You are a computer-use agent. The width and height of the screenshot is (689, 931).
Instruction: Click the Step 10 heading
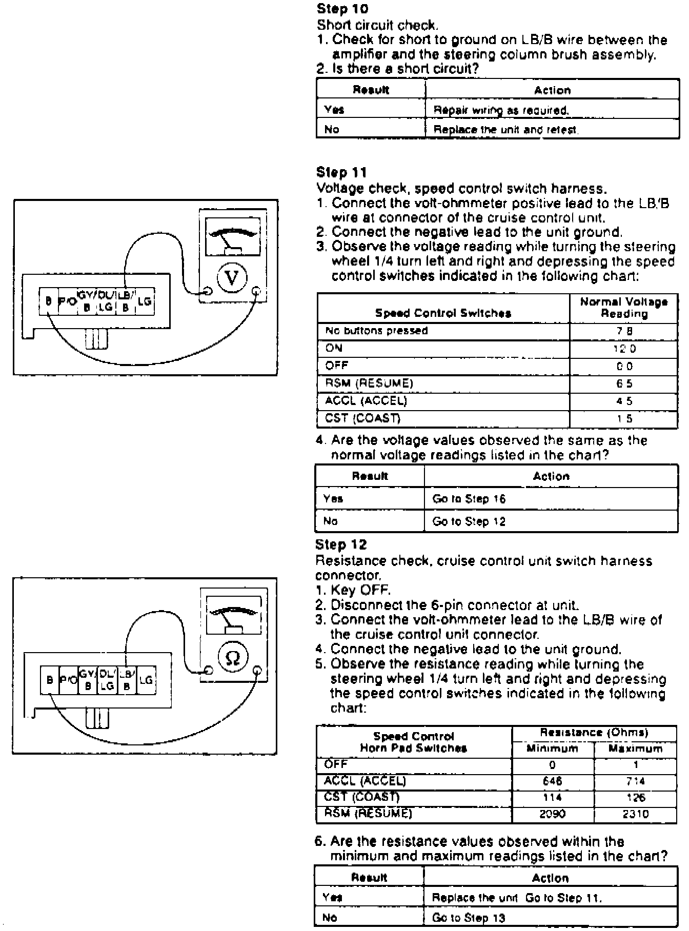[x=342, y=9]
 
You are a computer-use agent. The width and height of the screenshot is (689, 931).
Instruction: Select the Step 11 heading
[x=341, y=172]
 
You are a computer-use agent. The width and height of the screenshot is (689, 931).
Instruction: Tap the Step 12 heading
[x=341, y=544]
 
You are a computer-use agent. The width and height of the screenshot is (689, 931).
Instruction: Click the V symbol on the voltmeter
[x=232, y=278]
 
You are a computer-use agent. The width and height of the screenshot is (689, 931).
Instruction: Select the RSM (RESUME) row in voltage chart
[x=369, y=383]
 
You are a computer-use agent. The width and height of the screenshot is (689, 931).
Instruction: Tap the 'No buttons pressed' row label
[x=376, y=331]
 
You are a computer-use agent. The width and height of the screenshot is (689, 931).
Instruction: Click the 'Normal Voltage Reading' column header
[x=624, y=308]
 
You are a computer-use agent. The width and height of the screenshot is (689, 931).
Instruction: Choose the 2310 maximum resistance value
[x=636, y=814]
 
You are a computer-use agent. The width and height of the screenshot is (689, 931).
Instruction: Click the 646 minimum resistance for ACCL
[x=553, y=781]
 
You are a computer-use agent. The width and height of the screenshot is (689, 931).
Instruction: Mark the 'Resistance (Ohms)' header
[x=594, y=733]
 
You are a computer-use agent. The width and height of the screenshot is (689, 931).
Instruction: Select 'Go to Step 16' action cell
[x=469, y=499]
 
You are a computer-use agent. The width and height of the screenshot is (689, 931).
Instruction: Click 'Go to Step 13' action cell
[x=469, y=918]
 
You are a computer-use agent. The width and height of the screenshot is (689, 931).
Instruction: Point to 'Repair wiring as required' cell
[x=501, y=110]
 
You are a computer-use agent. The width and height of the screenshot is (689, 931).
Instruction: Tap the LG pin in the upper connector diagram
[x=145, y=301]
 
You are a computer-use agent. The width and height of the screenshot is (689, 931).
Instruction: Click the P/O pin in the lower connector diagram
[x=68, y=680]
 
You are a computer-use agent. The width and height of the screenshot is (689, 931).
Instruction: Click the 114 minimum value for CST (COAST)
[x=553, y=798]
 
